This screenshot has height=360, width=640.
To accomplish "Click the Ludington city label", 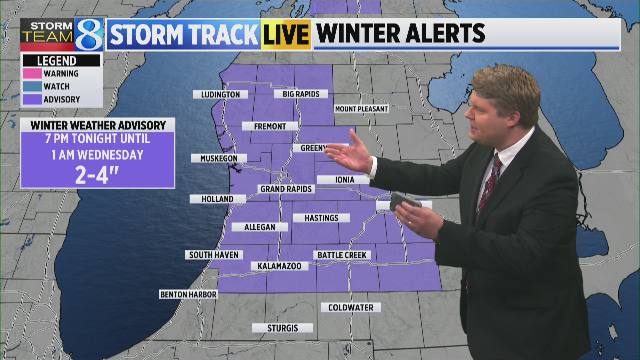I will pos(220,95).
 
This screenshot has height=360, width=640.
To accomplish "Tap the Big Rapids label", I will pos(301,94).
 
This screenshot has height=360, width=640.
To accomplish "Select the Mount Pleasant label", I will pos(361,109).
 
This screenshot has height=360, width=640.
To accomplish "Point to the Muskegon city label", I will pos(219,158).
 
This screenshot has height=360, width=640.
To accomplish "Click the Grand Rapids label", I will pos(286,189).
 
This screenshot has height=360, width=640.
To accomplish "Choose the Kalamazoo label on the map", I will pos(279,266).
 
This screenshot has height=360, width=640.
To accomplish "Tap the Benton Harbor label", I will pos(188,294).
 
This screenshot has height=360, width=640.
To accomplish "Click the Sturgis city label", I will pos(282,328).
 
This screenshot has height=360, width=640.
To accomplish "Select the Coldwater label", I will pos(351,307).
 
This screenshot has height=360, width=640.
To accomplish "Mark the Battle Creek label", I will pos(342,255).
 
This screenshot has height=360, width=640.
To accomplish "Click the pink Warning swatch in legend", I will pos(32,73).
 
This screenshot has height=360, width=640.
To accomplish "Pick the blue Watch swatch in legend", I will pos(32,86).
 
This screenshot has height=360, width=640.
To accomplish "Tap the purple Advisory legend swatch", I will pos(32,99).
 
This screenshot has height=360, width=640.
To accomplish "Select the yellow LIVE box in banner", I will pos(286,34).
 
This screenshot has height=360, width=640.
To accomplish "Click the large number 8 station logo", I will pos(89,35).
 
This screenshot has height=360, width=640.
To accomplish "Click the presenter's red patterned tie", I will pos(487,187).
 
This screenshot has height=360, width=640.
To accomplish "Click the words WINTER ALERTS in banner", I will pos(400,33).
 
